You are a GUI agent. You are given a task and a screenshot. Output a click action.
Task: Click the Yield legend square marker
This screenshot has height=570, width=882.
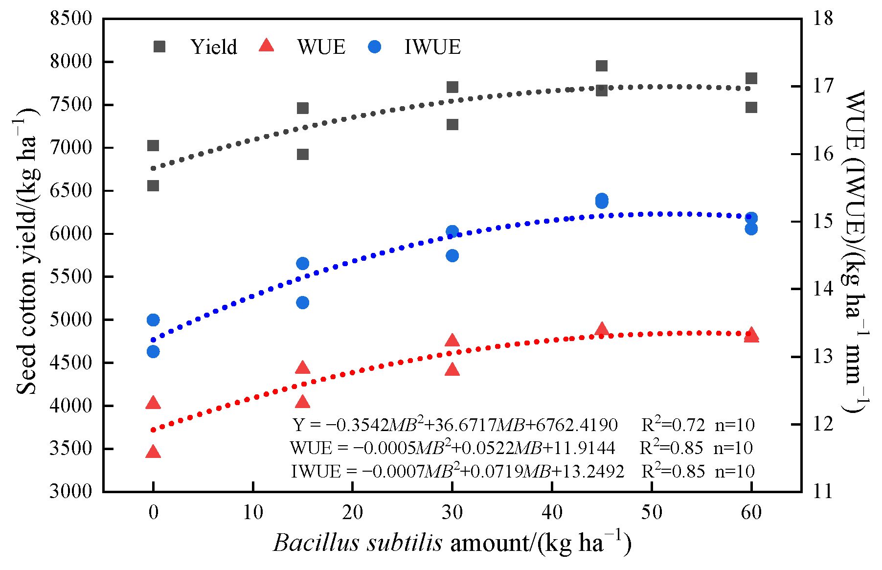coord(159,46)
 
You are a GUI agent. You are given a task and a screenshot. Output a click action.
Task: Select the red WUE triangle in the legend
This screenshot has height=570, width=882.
coord(267,46)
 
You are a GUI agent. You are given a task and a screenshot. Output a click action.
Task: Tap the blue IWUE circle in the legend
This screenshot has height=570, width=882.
coord(375,47)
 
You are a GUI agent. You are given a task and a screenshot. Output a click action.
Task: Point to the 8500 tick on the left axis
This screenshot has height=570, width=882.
coord(71,19)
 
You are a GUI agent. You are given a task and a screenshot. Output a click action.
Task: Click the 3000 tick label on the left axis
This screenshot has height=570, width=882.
coord(71,491)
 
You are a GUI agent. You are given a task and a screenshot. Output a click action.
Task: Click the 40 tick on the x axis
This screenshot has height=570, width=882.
coord(552,512)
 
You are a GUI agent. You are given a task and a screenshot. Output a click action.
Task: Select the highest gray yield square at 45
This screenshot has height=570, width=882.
coord(602,66)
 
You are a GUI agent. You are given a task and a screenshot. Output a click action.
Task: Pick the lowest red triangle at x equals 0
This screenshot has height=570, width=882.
coord(153,452)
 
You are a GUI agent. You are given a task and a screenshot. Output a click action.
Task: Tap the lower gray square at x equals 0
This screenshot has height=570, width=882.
coord(153,186)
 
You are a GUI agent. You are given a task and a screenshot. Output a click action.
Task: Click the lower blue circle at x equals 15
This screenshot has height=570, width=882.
coord(303,302)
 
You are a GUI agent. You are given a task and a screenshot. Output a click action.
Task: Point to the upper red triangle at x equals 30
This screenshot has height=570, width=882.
coord(452,341)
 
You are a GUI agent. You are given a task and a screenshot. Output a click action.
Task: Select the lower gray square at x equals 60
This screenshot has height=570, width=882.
coord(751,108)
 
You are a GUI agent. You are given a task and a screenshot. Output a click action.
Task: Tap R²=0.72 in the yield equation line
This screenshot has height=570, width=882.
coord(673,424)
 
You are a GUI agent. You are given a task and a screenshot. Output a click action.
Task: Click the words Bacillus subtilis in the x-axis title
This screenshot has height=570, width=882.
coord(358,543)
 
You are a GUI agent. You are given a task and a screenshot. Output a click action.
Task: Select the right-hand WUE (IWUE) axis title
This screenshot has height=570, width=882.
coord(855,250)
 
